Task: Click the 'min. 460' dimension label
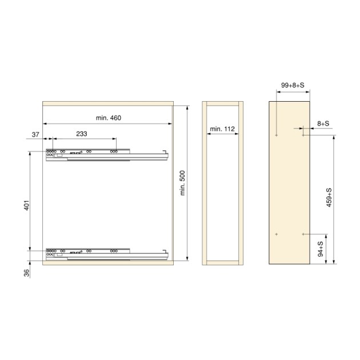108,118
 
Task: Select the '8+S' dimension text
323,122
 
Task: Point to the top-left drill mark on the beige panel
276,135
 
